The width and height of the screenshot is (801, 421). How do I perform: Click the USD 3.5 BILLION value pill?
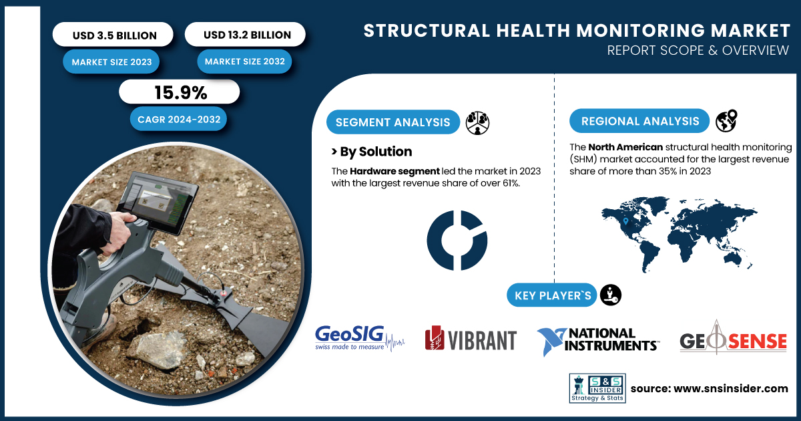[113, 35]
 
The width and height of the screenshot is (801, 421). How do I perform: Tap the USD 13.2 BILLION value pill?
[246, 34]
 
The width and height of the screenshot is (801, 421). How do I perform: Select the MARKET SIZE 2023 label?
[111, 62]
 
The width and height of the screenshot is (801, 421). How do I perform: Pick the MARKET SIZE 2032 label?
[244, 61]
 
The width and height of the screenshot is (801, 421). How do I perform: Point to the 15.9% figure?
[180, 92]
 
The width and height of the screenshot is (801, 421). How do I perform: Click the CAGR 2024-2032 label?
[178, 119]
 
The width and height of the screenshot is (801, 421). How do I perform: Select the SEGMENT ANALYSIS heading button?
[393, 122]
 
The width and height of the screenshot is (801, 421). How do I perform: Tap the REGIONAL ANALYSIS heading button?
[639, 121]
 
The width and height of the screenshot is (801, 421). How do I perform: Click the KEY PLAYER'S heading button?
[552, 295]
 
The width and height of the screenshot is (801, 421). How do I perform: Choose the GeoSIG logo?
[360, 338]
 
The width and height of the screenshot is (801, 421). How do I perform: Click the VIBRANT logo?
[471, 338]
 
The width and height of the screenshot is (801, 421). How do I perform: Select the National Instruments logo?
[598, 340]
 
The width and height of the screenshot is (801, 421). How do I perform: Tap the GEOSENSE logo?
[733, 338]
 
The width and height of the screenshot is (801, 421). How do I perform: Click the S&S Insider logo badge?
[597, 388]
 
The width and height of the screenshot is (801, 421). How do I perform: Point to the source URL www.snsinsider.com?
[730, 388]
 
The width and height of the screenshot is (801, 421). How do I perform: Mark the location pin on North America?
[625, 221]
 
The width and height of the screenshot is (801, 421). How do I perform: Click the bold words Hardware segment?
[394, 171]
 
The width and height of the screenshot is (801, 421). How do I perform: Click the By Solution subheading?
[372, 152]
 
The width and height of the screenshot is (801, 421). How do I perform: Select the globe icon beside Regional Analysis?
[726, 121]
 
